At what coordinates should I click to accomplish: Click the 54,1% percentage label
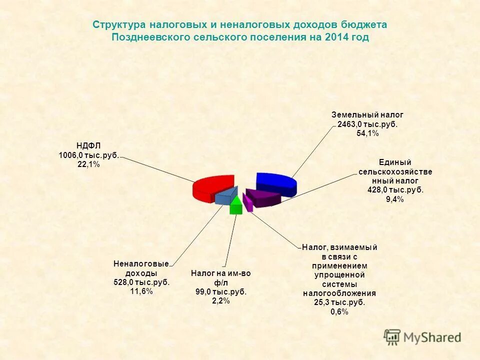(x=367, y=133)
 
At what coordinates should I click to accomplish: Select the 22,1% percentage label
(x=89, y=164)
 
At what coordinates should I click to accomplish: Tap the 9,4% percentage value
(x=395, y=199)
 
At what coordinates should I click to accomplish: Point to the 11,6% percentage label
(x=141, y=291)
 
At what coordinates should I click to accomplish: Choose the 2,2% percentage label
(x=220, y=300)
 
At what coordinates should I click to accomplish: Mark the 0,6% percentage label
(x=339, y=311)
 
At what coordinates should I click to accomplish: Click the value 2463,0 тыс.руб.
(x=367, y=124)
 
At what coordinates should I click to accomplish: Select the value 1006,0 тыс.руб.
(x=89, y=155)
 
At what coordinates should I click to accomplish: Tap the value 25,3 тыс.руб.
(x=339, y=302)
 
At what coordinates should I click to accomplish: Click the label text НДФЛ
(x=89, y=145)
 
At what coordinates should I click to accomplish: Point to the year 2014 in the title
(x=336, y=37)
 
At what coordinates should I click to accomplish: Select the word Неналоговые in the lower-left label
(x=141, y=263)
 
